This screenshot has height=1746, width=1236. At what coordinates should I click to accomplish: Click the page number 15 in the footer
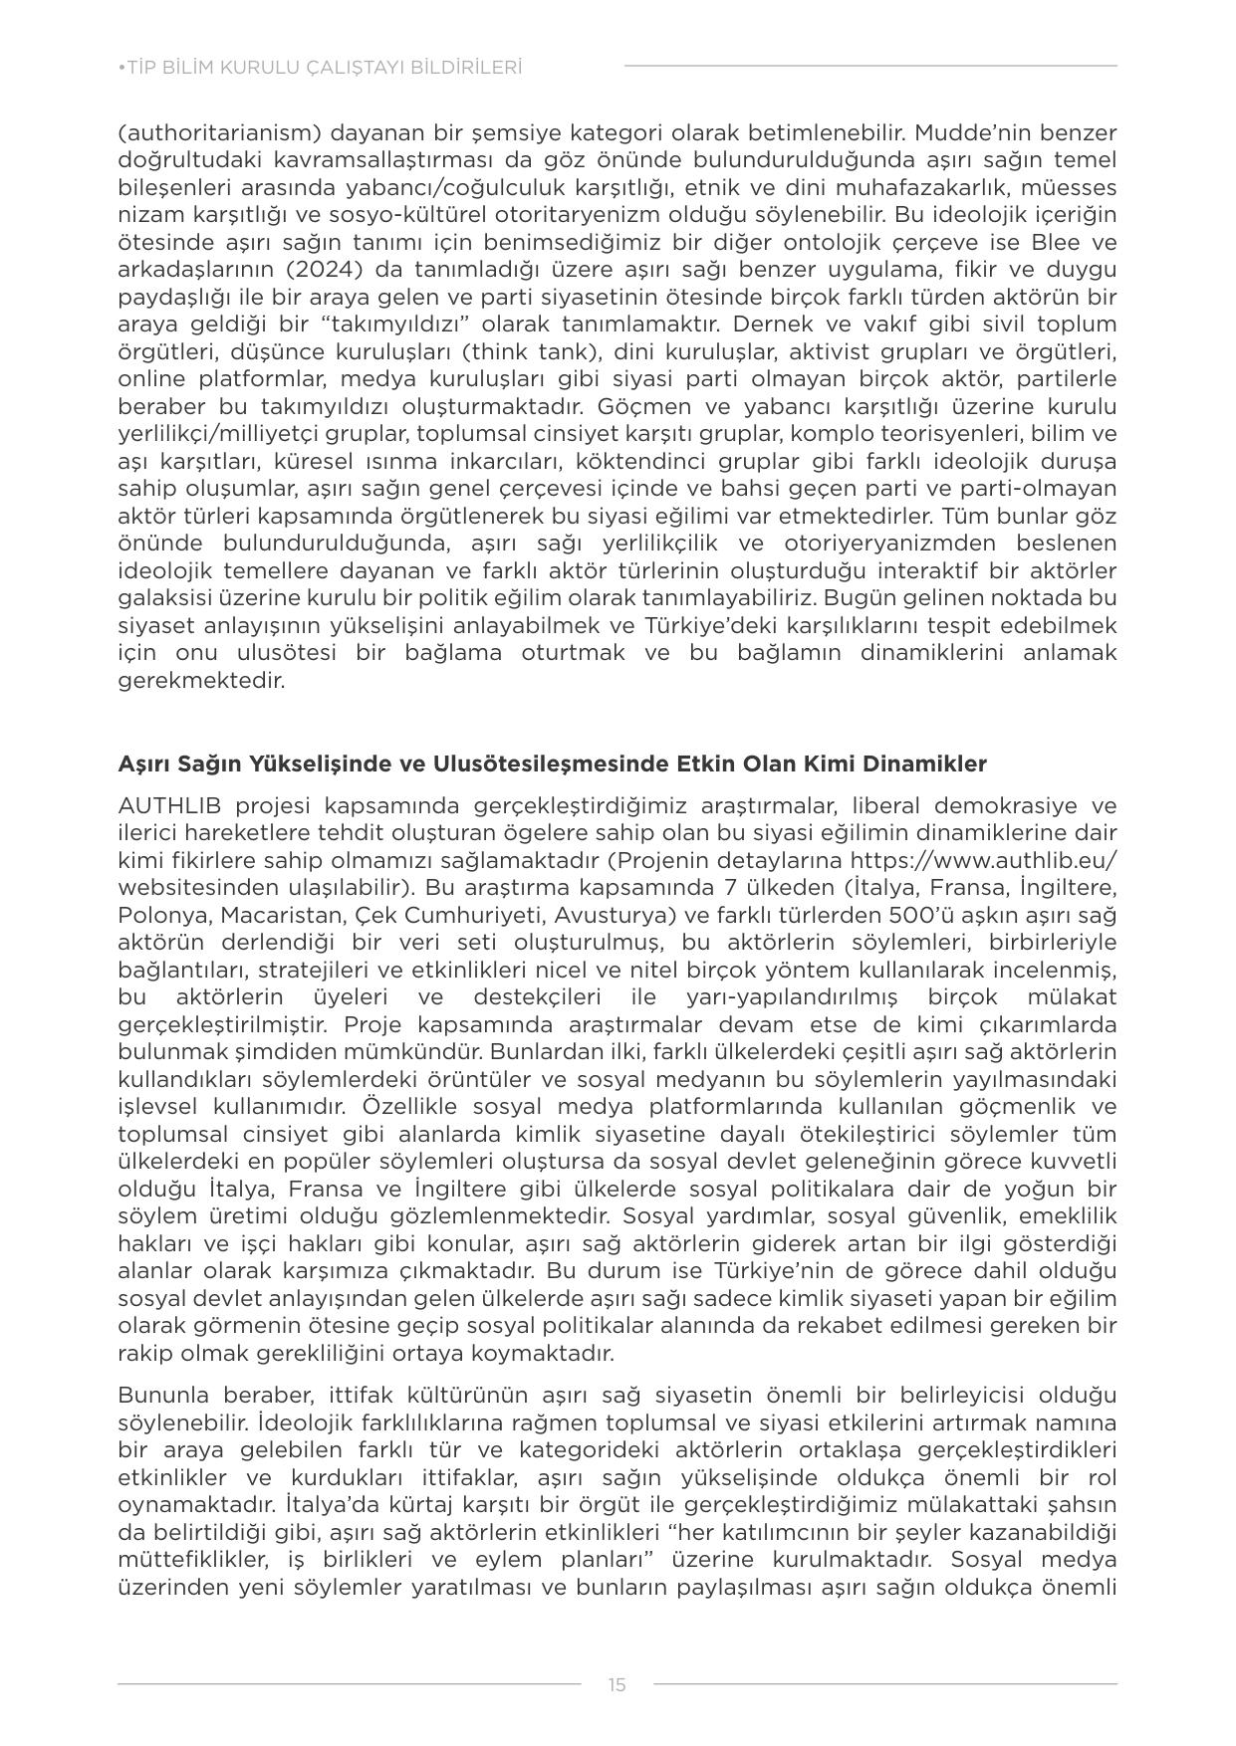click(x=617, y=1685)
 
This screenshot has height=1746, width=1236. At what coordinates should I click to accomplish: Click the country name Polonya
click(x=159, y=915)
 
